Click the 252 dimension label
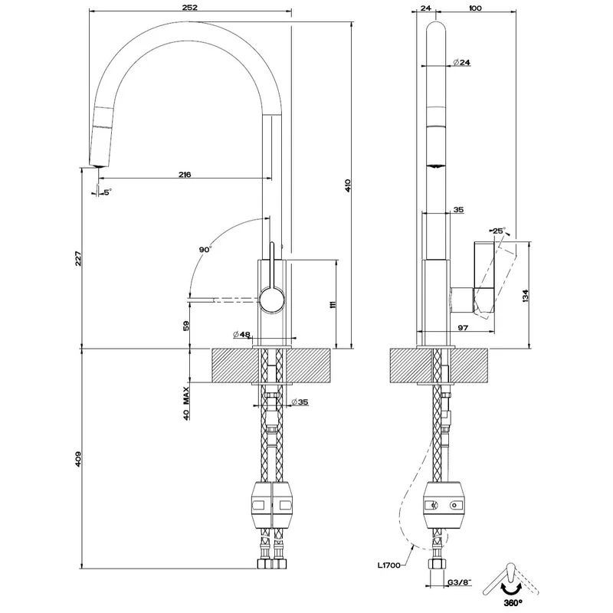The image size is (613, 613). point(190,8)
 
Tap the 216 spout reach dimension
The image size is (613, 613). point(185,175)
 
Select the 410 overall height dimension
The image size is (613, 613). point(348,185)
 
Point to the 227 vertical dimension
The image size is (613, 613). point(78,258)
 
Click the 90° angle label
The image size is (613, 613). point(205,250)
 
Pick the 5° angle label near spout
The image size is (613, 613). point(107,192)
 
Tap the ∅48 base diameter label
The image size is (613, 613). point(241,334)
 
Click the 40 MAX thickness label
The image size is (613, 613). point(186,403)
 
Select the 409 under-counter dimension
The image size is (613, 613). point(78,459)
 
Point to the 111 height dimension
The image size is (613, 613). point(333,304)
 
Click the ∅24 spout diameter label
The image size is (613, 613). point(462,62)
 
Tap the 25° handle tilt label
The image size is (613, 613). point(499,231)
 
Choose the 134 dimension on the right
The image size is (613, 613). point(525,296)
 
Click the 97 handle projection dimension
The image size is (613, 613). point(463,328)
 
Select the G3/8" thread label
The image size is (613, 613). point(459,582)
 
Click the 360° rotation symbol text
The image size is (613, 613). point(513,602)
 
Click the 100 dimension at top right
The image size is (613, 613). point(475,8)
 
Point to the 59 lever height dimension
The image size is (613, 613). point(186,326)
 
